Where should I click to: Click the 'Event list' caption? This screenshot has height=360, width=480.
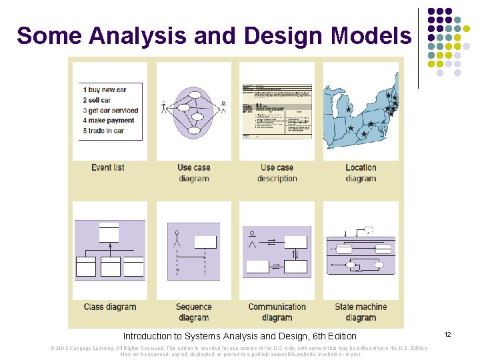coord(108,167)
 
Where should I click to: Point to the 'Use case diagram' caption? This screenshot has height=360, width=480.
coord(193,173)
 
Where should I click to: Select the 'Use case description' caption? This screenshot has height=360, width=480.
coord(277,173)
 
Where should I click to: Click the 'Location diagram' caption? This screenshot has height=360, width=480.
coord(361,173)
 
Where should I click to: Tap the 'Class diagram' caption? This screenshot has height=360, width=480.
coord(110,307)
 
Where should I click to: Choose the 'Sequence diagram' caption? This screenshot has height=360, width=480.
coord(193,312)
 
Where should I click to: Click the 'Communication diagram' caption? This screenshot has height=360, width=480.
coord(277,312)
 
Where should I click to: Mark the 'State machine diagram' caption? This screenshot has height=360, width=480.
coord(361,312)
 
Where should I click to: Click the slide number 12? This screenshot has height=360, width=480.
coord(448,333)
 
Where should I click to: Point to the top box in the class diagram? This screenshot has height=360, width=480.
coord(109,232)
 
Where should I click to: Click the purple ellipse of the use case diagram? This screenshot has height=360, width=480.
coord(193,110)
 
